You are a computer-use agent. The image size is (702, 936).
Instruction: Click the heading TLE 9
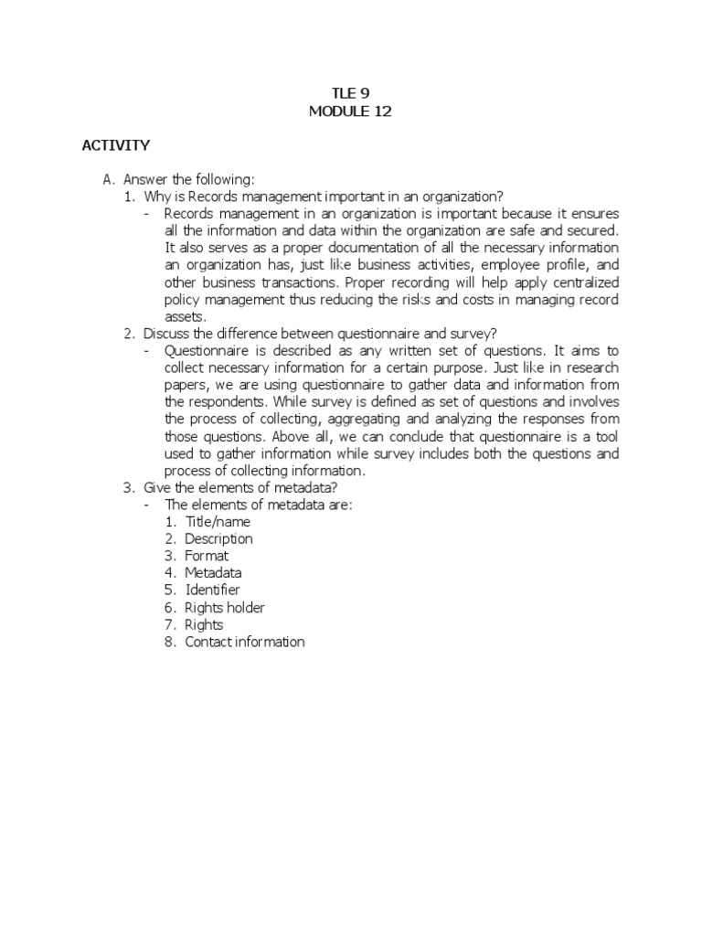point(352,91)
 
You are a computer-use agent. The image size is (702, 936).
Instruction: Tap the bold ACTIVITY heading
point(115,144)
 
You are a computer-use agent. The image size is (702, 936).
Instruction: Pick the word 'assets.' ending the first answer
point(186,316)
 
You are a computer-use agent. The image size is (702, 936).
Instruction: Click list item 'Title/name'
point(218,522)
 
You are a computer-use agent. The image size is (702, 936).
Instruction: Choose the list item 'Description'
point(218,539)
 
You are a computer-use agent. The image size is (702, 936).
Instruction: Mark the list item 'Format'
point(207,556)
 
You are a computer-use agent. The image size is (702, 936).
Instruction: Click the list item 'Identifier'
point(213,590)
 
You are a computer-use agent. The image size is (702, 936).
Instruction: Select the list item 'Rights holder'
point(225,608)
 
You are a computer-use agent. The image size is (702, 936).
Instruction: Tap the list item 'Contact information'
point(245,642)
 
